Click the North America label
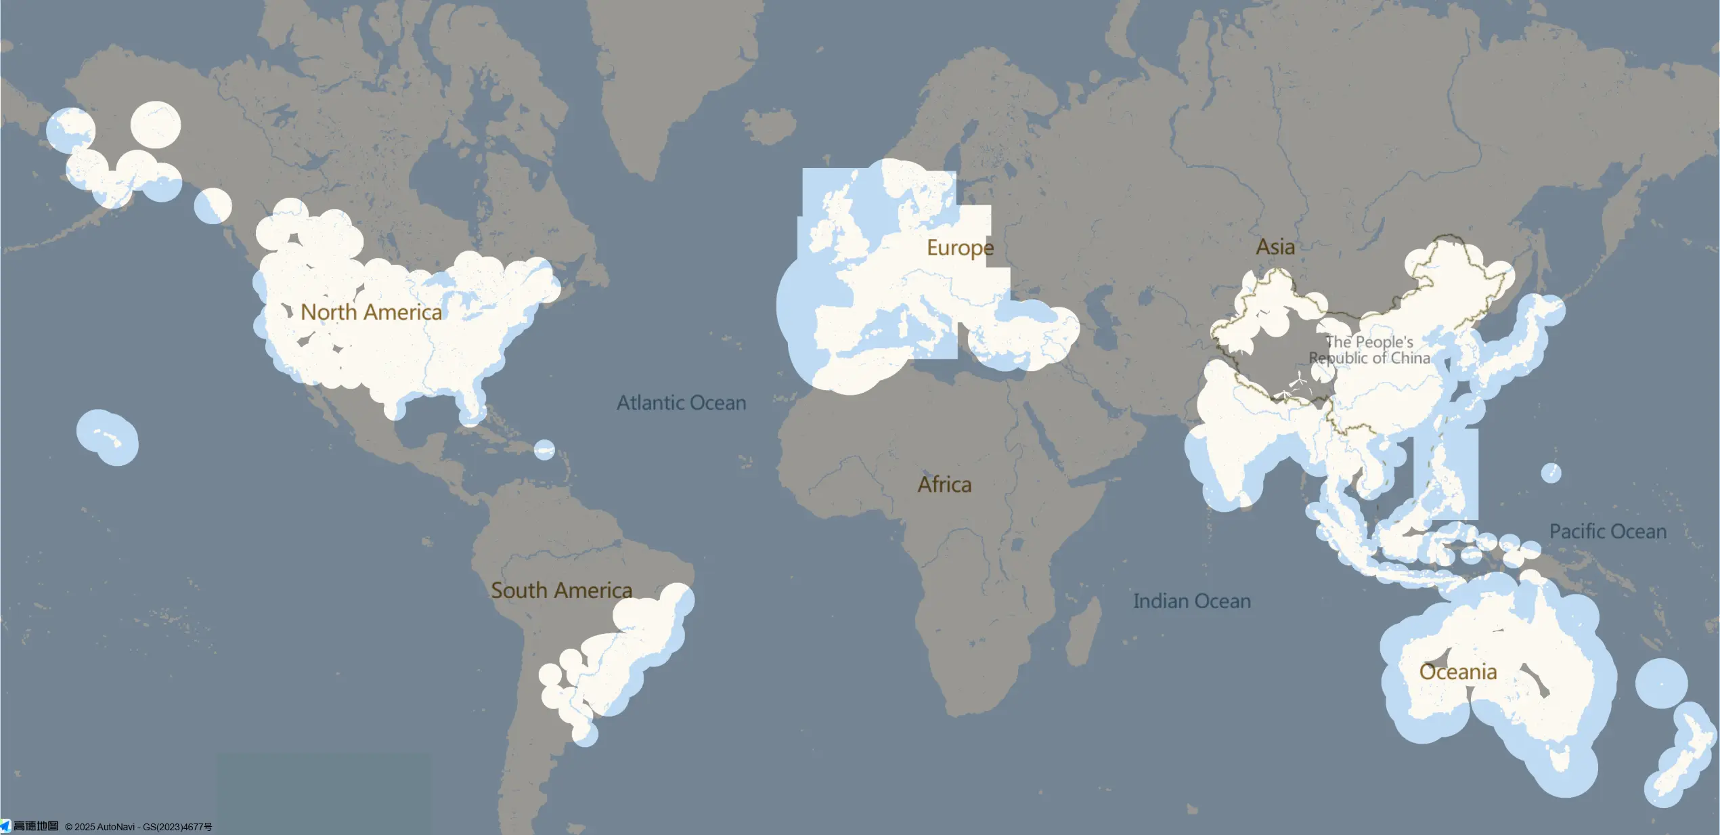coord(371,312)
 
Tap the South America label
coord(561,591)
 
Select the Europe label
coord(960,248)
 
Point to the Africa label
coord(944,485)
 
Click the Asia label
coord(1275,247)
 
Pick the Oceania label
coord(1457,672)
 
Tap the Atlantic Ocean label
coord(681,403)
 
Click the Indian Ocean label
coord(1191,601)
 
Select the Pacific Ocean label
coord(1608,532)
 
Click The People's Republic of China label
coord(1369,350)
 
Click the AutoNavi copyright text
coord(138,827)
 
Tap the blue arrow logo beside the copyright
coord(5,826)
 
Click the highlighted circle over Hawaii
coord(108,437)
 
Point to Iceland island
coord(770,125)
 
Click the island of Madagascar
coord(1084,630)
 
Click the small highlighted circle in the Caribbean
coord(544,450)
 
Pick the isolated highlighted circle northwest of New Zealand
coord(1661,683)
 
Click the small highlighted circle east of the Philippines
coord(1551,473)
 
